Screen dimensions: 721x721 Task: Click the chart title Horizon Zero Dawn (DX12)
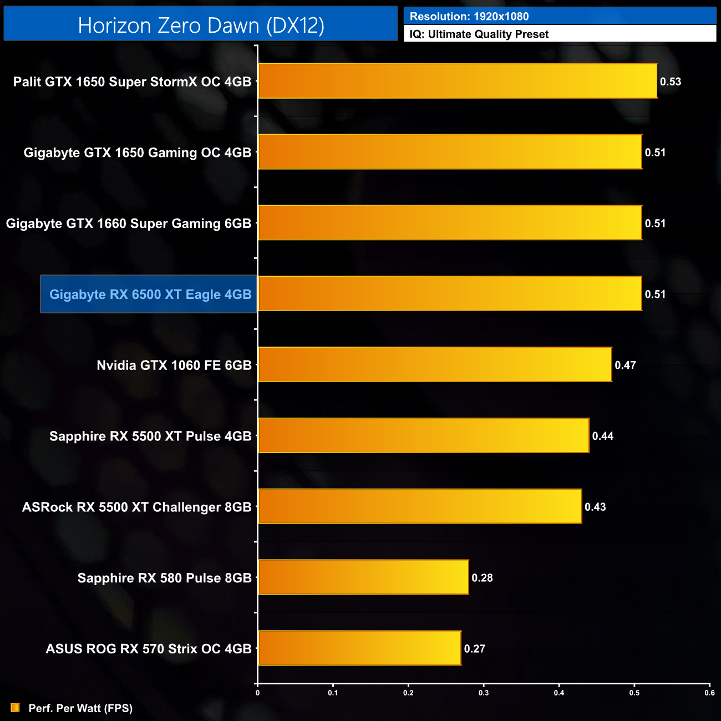201,26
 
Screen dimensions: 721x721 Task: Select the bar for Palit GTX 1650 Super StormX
458,81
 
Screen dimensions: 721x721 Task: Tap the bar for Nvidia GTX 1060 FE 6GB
435,364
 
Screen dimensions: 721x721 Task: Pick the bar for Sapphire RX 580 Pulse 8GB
363,577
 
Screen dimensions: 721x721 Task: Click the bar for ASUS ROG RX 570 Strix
359,648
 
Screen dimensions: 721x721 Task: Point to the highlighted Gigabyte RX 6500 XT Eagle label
150,294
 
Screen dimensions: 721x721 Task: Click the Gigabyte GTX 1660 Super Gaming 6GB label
129,224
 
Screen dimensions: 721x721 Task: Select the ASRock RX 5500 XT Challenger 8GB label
137,507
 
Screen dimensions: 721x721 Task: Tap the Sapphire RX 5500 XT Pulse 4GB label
150,436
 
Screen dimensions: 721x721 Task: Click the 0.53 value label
670,82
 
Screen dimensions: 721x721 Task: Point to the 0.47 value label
625,365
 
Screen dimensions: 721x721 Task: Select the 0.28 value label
482,578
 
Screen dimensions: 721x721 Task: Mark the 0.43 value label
595,507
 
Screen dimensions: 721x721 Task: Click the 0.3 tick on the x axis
484,692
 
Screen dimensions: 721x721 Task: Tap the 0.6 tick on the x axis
709,692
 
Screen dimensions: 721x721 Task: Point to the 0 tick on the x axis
257,692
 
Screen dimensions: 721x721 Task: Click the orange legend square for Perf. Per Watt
15,708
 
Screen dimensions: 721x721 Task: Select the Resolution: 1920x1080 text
469,17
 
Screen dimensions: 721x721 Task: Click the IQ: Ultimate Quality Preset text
479,34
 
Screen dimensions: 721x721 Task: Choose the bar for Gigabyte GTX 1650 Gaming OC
450,152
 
